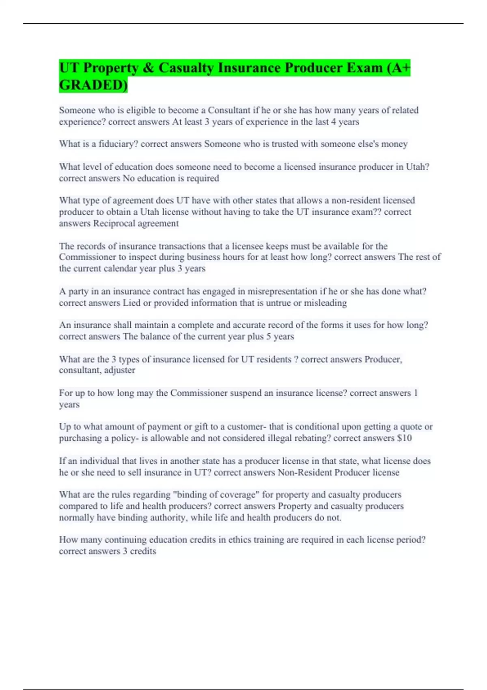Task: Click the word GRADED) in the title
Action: [x=93, y=85]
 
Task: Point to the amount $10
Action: [x=405, y=438]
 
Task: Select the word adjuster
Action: [x=120, y=370]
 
